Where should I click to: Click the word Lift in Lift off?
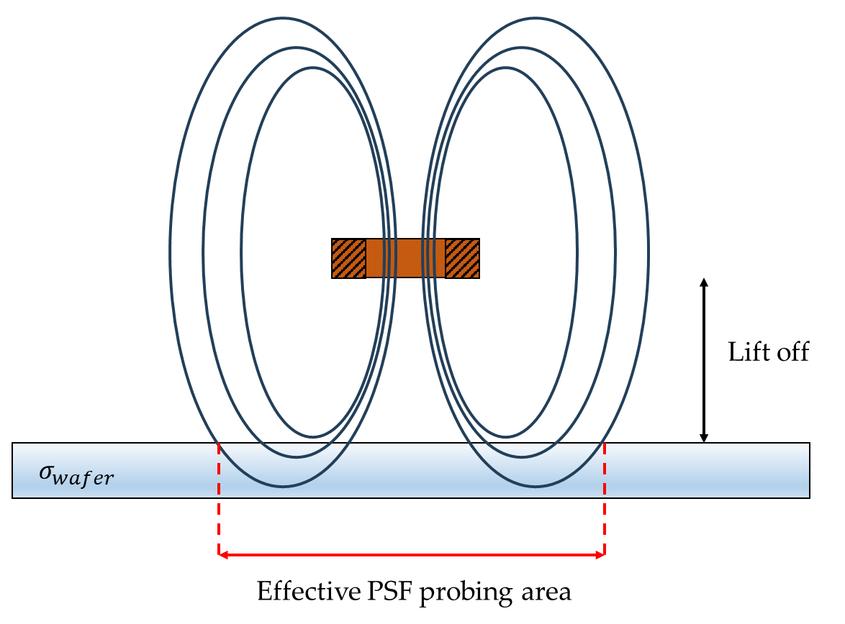745,352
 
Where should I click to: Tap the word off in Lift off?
790,352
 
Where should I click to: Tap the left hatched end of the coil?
349,258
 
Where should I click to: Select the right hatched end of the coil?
462,258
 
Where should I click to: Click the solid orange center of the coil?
405,258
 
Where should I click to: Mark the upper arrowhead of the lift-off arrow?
705,283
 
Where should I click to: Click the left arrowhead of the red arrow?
224,554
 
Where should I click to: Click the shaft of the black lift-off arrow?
705,359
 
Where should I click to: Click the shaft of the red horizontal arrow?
411,554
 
